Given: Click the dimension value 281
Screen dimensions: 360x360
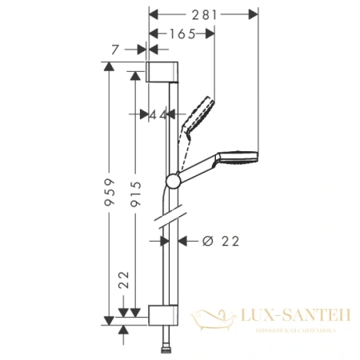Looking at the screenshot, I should pyautogui.click(x=203, y=13).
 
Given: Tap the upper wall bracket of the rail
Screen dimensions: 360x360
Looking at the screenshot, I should pyautogui.click(x=162, y=70).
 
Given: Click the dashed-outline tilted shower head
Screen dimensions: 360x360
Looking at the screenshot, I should pyautogui.click(x=200, y=111).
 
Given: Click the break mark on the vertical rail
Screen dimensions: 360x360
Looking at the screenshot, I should pyautogui.click(x=170, y=216).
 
